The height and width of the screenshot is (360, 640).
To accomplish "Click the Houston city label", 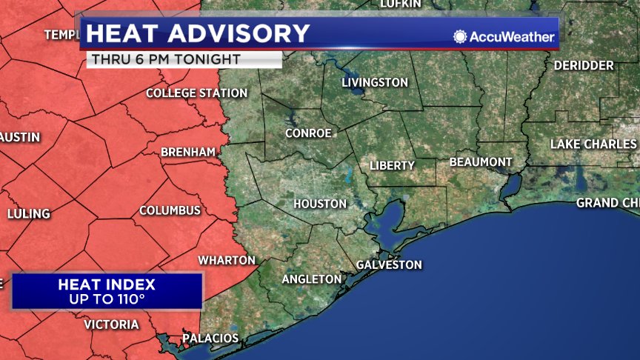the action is pos(320,204).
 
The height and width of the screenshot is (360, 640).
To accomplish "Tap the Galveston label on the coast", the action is pos(389,264).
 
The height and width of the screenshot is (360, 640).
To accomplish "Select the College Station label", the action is pos(196,93).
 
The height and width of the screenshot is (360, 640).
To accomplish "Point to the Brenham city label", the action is pos(188,152).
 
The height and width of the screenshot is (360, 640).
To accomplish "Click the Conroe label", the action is pos(308,133).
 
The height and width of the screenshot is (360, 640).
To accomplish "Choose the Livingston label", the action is pos(375,82).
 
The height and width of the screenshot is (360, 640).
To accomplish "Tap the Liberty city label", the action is pos(392,165).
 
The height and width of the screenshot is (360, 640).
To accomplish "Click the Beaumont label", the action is pos(481,161).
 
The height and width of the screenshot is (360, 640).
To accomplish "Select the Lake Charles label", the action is pos(593,144).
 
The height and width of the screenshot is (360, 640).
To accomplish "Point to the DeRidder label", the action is pos(584,66).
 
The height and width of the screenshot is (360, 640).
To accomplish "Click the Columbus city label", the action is pos(170,210).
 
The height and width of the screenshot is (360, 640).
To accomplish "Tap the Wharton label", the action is pos(227,261).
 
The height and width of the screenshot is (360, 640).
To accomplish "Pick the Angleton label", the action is pos(312,279).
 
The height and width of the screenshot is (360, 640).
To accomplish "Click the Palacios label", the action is pos(210,339).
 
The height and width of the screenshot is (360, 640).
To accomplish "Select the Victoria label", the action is pos(111,324).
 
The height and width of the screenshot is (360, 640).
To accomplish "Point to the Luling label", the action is pos(29,214).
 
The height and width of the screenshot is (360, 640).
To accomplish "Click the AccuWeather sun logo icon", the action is pos(461,36).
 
